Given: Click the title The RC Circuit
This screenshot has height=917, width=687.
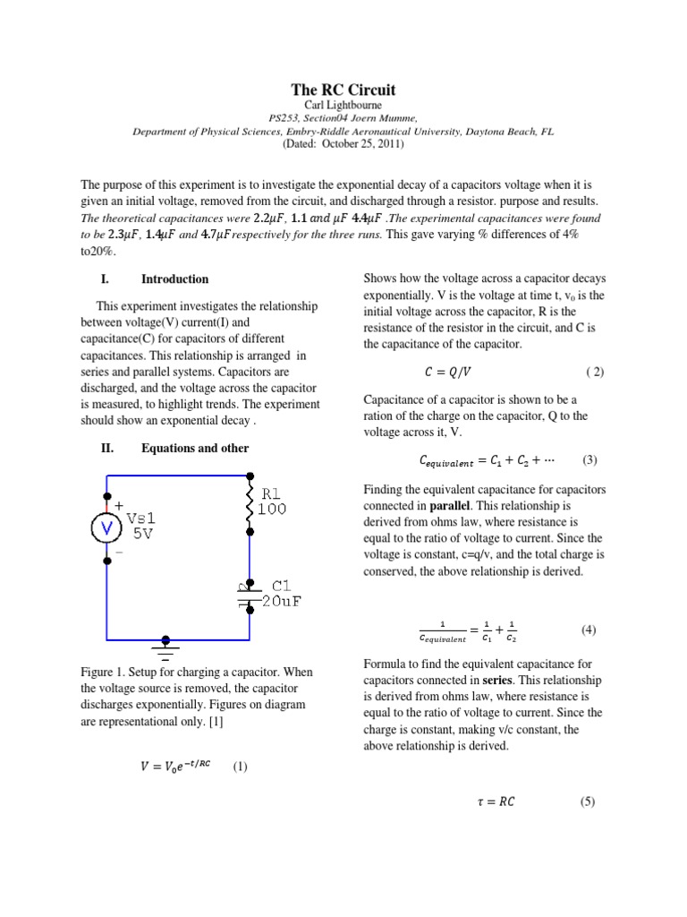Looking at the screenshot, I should point(343,90).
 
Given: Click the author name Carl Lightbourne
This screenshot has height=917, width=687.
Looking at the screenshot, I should point(343,105).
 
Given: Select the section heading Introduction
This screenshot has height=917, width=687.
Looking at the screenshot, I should point(175,279).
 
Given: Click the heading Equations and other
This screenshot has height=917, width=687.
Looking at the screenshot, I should point(195,448).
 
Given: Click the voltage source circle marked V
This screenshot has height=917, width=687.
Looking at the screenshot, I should point(108,529).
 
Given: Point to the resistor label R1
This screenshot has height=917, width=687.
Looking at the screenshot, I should point(276,493).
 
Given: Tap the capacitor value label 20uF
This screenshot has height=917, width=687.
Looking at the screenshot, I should point(283,602).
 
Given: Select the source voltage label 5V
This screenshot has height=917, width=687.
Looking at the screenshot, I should point(143,534).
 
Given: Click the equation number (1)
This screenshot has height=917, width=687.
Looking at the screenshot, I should point(240,767).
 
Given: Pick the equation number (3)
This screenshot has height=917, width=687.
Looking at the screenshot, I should point(589,460).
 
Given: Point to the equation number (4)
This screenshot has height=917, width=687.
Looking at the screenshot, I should point(588,630).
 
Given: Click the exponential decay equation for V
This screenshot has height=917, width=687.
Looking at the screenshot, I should point(170,767).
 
